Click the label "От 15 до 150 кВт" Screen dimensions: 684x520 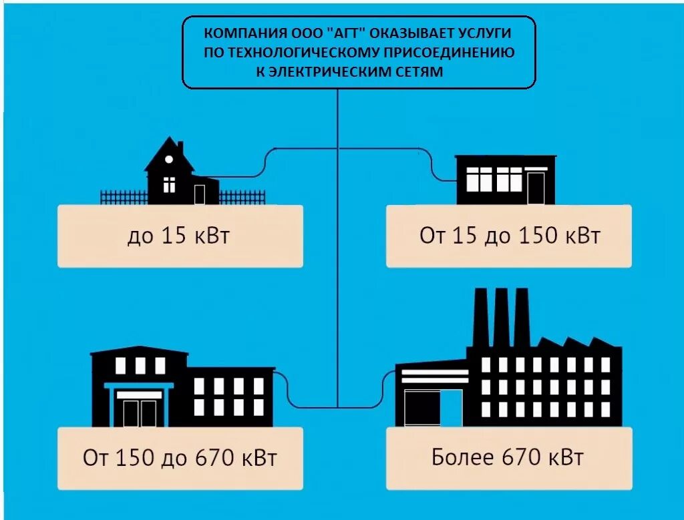coord(510,236)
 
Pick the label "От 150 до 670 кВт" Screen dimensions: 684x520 coord(180,459)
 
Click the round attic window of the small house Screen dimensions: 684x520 coord(169,160)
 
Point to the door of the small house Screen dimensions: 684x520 coord(200,194)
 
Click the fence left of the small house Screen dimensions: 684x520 coord(123,197)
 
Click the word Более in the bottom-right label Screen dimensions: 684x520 coord(461,459)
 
